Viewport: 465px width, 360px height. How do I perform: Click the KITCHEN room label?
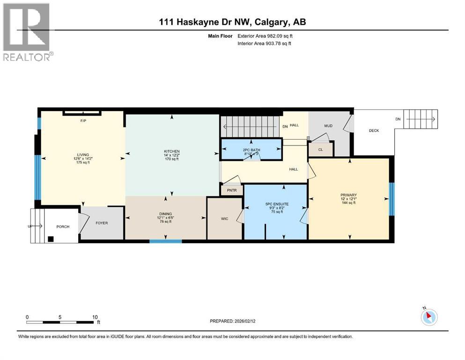click(x=171, y=151)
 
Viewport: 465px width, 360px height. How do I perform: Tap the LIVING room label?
click(x=83, y=155)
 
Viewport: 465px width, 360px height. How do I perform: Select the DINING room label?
click(x=165, y=214)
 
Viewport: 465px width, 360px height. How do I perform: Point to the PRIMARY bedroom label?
click(x=349, y=195)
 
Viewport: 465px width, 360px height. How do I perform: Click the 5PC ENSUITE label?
click(x=277, y=204)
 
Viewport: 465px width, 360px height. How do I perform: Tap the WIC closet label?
click(x=225, y=219)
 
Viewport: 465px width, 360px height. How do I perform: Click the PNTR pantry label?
click(x=232, y=191)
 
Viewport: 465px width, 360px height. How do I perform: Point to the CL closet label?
click(x=321, y=150)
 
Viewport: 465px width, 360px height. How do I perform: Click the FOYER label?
click(x=102, y=223)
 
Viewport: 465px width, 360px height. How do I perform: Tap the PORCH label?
click(x=63, y=226)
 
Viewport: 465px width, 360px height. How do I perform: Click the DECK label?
click(x=374, y=130)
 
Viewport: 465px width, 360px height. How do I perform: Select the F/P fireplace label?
click(x=82, y=120)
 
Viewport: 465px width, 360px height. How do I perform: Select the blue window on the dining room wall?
click(x=165, y=241)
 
